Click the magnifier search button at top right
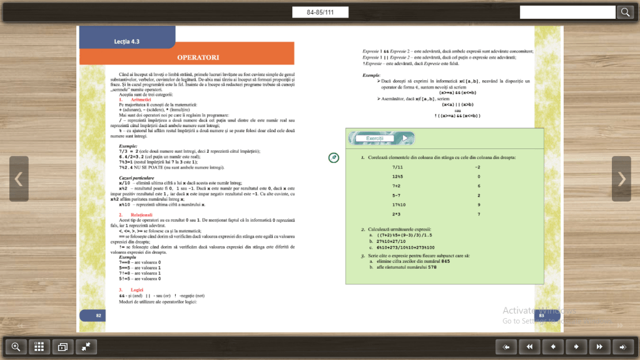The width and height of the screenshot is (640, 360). [x=626, y=12]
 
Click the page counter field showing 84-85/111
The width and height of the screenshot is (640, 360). [x=320, y=13]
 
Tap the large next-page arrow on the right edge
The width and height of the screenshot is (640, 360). [x=621, y=179]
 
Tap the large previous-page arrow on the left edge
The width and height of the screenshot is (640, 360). [x=18, y=179]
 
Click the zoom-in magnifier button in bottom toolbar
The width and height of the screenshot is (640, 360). [x=16, y=346]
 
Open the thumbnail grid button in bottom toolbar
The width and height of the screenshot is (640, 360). [x=38, y=346]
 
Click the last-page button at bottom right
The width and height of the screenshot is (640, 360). [x=622, y=346]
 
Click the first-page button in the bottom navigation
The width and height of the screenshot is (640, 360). [x=506, y=346]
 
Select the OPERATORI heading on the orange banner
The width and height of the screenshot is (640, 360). [x=198, y=58]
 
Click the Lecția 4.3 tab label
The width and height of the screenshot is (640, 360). [x=126, y=41]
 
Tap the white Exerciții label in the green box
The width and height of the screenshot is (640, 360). [x=374, y=138]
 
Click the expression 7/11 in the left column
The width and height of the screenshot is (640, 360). [x=397, y=167]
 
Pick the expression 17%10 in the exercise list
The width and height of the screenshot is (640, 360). [x=399, y=205]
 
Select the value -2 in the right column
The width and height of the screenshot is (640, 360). [x=477, y=167]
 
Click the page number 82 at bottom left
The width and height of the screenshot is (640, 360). [x=98, y=315]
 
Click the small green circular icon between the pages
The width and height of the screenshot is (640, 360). [x=334, y=158]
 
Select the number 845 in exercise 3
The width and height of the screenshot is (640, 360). [x=445, y=261]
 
